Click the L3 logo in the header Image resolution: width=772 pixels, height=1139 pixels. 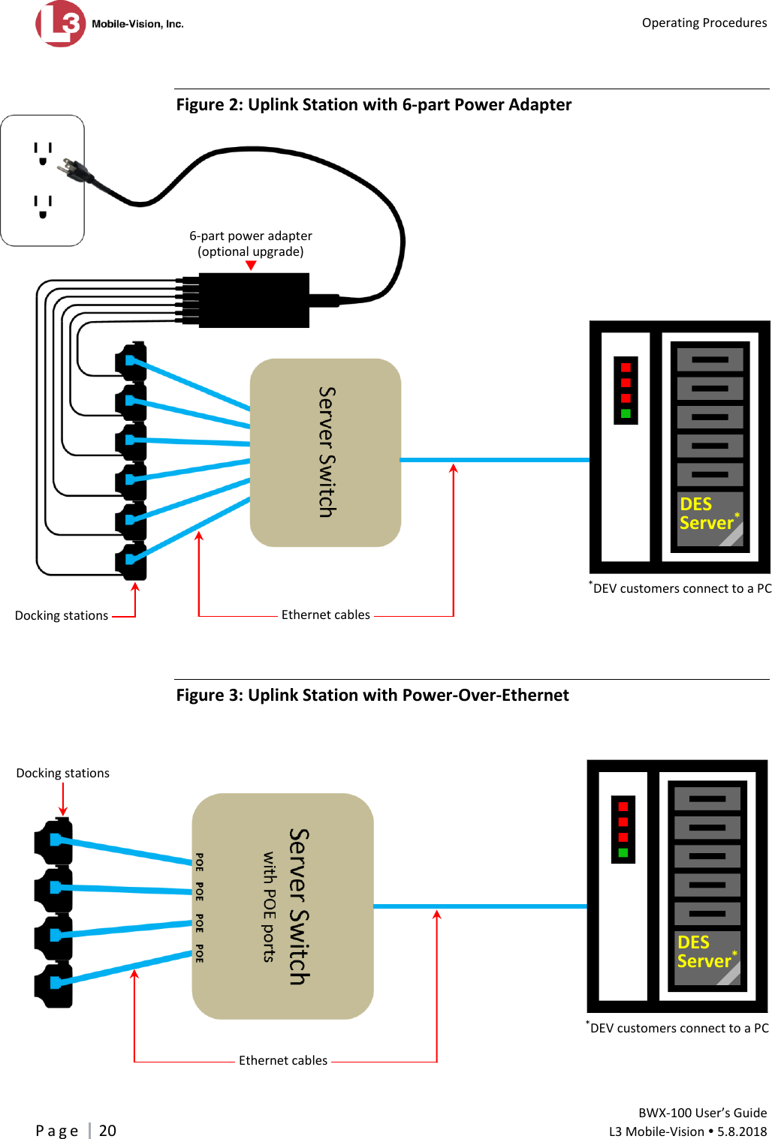tap(60, 24)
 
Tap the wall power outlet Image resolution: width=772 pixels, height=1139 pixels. tap(43, 181)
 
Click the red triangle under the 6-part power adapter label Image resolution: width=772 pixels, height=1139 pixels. tap(251, 266)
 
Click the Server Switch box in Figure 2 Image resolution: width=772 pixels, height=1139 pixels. tap(325, 452)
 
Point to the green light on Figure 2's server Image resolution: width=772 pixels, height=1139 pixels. tap(626, 413)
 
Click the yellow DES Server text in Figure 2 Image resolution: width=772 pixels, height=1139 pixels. tap(706, 514)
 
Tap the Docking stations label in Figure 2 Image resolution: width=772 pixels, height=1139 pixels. tap(62, 616)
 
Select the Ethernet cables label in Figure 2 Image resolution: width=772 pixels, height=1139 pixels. tap(326, 615)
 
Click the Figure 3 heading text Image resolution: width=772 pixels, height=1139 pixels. tap(372, 696)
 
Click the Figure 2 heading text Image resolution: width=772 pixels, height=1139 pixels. tap(374, 105)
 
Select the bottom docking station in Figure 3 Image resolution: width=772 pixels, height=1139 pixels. tap(54, 984)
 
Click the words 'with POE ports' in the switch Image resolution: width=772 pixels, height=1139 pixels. tap(269, 906)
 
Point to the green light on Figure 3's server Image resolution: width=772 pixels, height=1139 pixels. tap(623, 853)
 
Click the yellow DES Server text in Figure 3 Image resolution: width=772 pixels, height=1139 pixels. tap(704, 952)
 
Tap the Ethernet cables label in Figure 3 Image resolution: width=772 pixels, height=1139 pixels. tap(283, 1061)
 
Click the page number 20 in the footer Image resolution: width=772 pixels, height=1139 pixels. tap(107, 1131)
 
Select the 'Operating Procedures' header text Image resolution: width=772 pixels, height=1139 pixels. tap(704, 23)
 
